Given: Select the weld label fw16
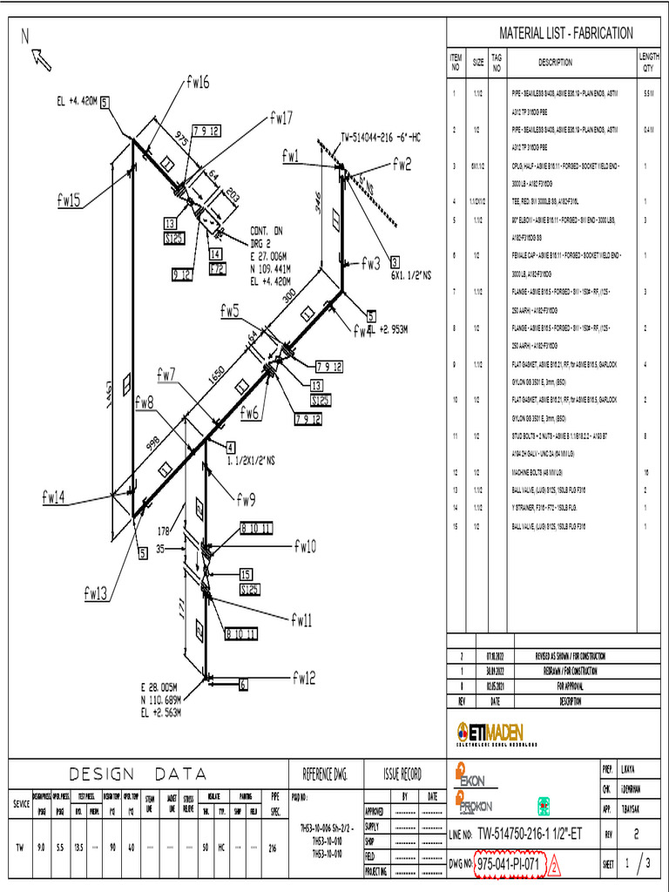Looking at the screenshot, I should coord(197,82).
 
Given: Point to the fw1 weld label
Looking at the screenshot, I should coord(290,156).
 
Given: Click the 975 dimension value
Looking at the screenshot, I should coord(181,139).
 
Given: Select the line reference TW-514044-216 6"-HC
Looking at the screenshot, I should coord(381,137).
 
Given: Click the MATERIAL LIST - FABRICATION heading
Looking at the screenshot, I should coord(565,33).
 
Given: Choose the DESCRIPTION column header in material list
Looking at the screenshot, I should coord(555,63).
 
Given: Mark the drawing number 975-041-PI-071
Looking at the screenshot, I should coord(509,864).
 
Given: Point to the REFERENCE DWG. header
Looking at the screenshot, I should coord(324,773).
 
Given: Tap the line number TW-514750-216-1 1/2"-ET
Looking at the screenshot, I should coord(526,835).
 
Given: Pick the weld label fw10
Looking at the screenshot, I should coord(304,546).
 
